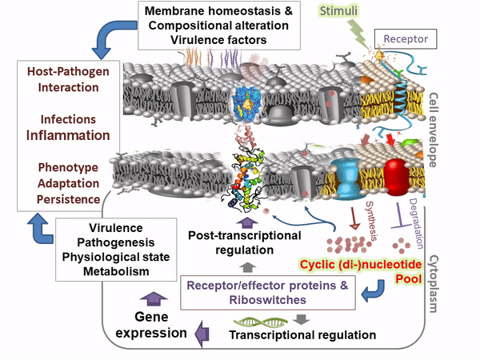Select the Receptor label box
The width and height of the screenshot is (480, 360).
pyautogui.click(x=406, y=38)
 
